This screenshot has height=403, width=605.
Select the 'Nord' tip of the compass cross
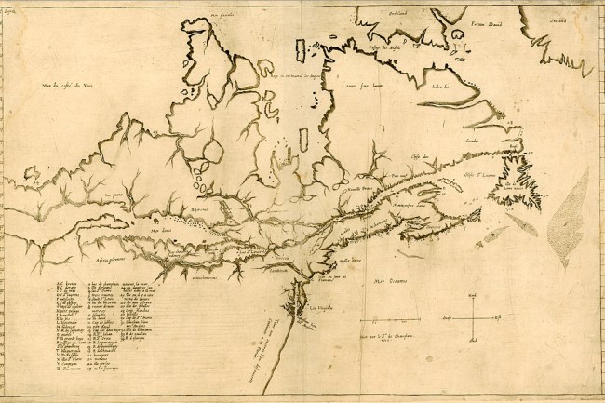coord(472,296)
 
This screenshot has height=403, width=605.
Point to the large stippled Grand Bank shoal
coord(566,220)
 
